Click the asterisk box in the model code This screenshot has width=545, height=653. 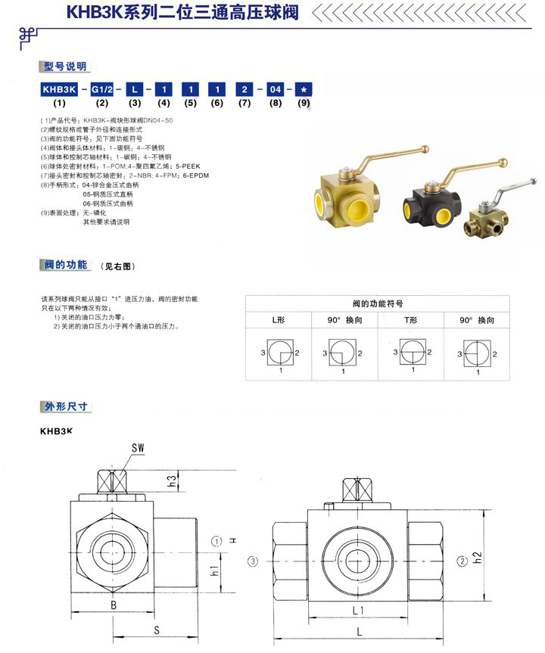pyautogui.click(x=303, y=89)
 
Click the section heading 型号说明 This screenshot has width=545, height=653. pyautogui.click(x=65, y=67)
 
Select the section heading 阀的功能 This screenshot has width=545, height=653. pyautogui.click(x=65, y=265)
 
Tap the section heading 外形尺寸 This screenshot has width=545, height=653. pyautogui.click(x=65, y=406)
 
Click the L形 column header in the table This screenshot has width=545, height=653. pyautogui.click(x=281, y=321)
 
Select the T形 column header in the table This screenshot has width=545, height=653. pyautogui.click(x=411, y=321)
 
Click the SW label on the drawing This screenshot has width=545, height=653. pyautogui.click(x=138, y=448)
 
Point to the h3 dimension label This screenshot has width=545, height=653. pyautogui.click(x=173, y=480)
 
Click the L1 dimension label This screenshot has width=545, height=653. pyautogui.click(x=358, y=610)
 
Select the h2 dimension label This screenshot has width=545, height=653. pyautogui.click(x=476, y=559)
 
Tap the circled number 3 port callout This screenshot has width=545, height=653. pyautogui.click(x=253, y=561)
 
